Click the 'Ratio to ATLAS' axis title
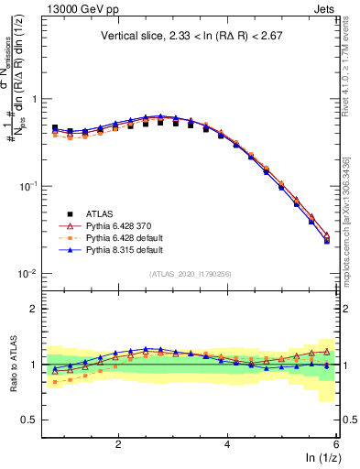[13, 365]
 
